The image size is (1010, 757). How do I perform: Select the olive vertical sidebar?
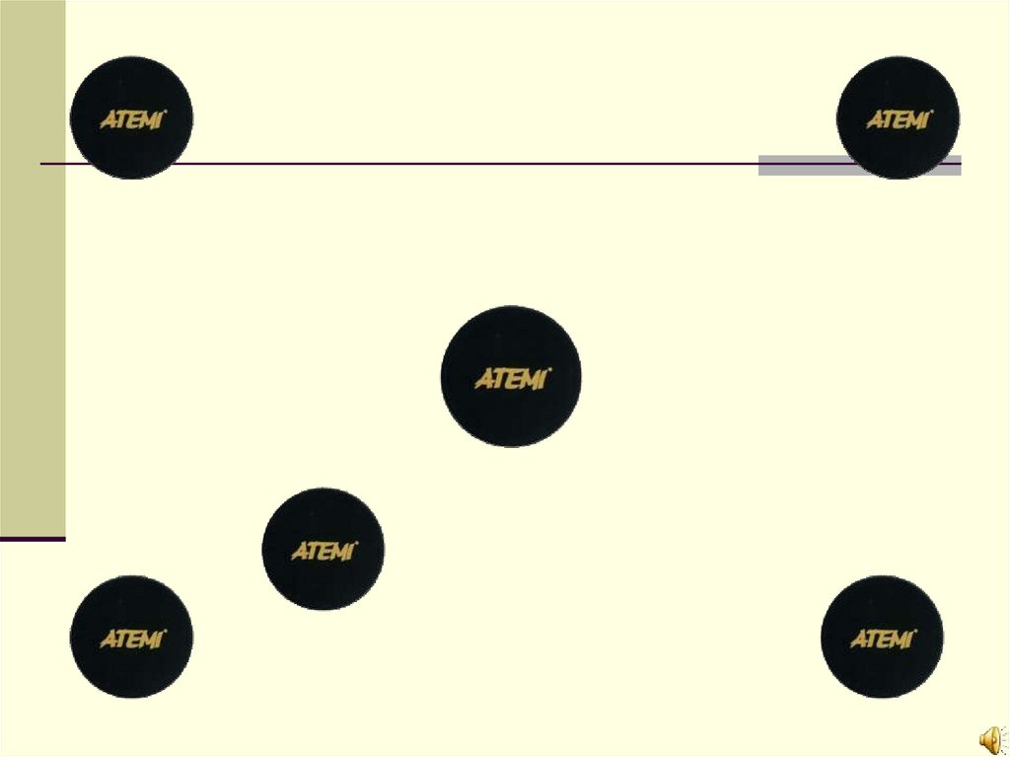[33, 266]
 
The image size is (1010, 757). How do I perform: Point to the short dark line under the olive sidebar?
[33, 540]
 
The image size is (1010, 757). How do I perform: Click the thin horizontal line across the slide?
[444, 163]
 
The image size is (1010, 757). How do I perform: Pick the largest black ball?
[511, 376]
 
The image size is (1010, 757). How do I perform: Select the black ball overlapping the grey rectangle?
[898, 117]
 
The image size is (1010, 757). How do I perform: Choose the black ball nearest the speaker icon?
[882, 638]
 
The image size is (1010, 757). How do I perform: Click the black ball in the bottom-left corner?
[131, 638]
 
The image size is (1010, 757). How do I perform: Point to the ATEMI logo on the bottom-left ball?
[133, 640]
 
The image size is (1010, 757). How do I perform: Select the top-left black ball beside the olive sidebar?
[131, 117]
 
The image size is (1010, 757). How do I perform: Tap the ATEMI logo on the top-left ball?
[133, 119]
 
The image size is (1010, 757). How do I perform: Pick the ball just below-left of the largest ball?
[323, 549]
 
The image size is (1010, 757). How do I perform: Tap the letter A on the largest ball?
[485, 379]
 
